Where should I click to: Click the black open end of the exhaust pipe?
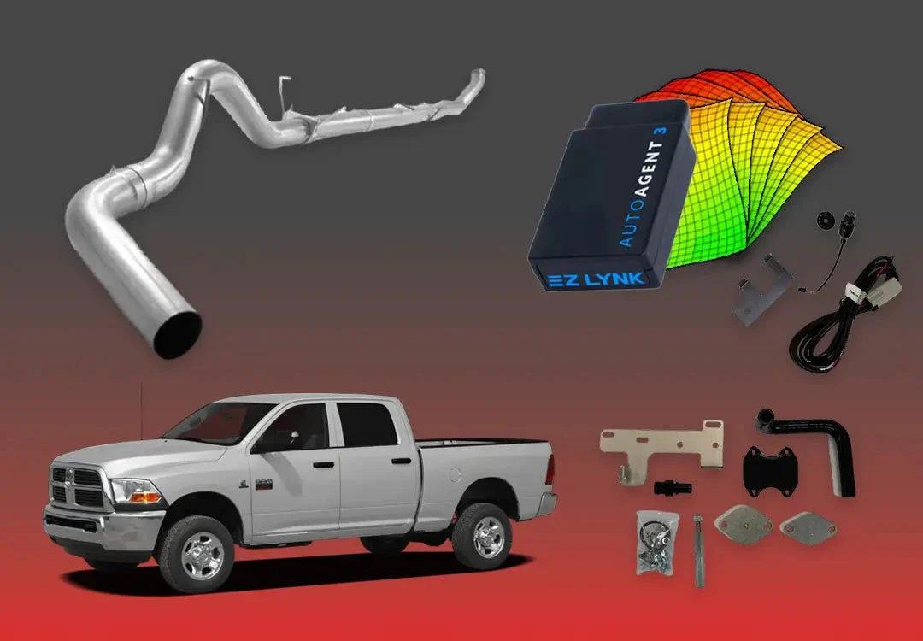click(x=177, y=334)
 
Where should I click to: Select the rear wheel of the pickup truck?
click(x=482, y=536)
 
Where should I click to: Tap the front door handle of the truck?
click(x=323, y=464)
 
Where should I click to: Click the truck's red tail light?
click(x=550, y=469)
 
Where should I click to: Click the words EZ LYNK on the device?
click(x=596, y=279)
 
